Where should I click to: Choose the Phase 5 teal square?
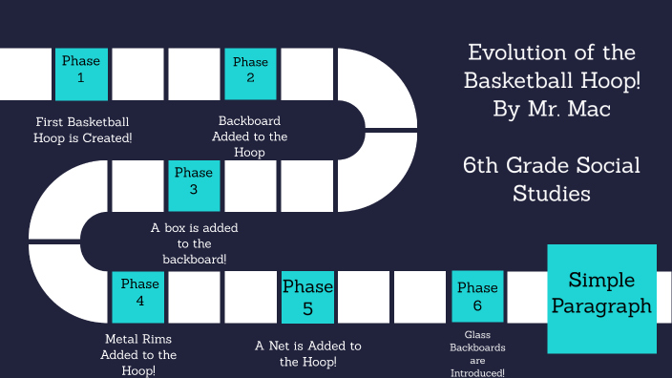click(307, 297)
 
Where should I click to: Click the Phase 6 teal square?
click(477, 297)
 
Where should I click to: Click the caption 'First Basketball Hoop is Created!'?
click(83, 130)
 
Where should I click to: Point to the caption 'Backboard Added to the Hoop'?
click(250, 136)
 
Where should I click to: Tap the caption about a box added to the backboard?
click(195, 243)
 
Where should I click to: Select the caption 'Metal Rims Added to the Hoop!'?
click(139, 354)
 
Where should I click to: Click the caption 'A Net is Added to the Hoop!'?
click(308, 353)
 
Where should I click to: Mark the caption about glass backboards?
click(477, 353)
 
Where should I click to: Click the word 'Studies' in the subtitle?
click(552, 194)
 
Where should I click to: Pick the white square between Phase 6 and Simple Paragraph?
click(526, 297)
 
